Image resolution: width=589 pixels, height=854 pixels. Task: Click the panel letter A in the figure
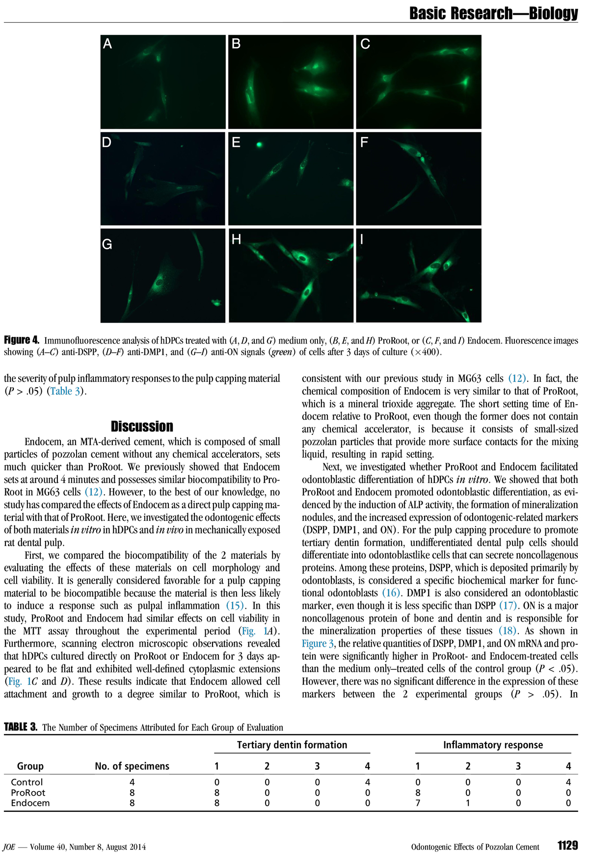[107, 44]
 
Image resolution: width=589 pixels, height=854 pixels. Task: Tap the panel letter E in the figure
[236, 142]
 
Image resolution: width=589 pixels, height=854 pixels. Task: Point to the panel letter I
[362, 239]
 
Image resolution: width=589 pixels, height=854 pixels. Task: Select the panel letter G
[107, 244]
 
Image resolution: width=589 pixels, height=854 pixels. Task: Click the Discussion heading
[142, 426]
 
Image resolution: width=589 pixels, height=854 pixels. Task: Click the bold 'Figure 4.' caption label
[22, 340]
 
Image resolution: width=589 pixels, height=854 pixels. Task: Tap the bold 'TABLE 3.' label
[21, 727]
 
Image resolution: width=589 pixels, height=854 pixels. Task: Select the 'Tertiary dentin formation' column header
[292, 745]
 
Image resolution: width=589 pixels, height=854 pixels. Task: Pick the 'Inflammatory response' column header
[493, 745]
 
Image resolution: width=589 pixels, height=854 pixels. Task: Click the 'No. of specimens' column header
[132, 766]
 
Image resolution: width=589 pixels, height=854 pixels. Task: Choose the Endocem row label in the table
[30, 803]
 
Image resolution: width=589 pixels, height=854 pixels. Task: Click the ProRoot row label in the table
[28, 793]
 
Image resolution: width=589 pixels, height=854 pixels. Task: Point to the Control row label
[27, 782]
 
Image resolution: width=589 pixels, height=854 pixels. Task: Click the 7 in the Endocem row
[418, 803]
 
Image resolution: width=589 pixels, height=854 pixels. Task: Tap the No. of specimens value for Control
[132, 782]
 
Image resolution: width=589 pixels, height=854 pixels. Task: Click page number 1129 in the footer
[567, 845]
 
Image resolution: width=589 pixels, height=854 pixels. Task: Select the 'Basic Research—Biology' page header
[493, 13]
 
